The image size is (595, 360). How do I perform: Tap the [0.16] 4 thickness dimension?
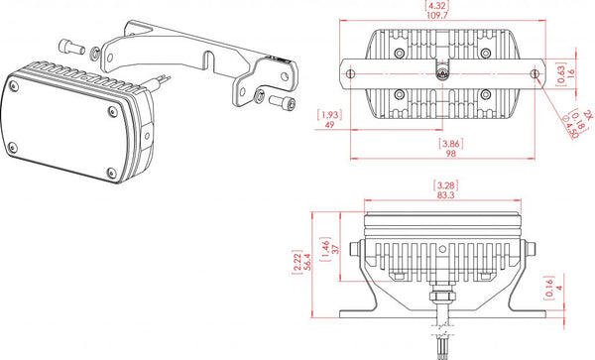(x=564, y=290)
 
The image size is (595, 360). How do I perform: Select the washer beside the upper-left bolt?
(x=92, y=50)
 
